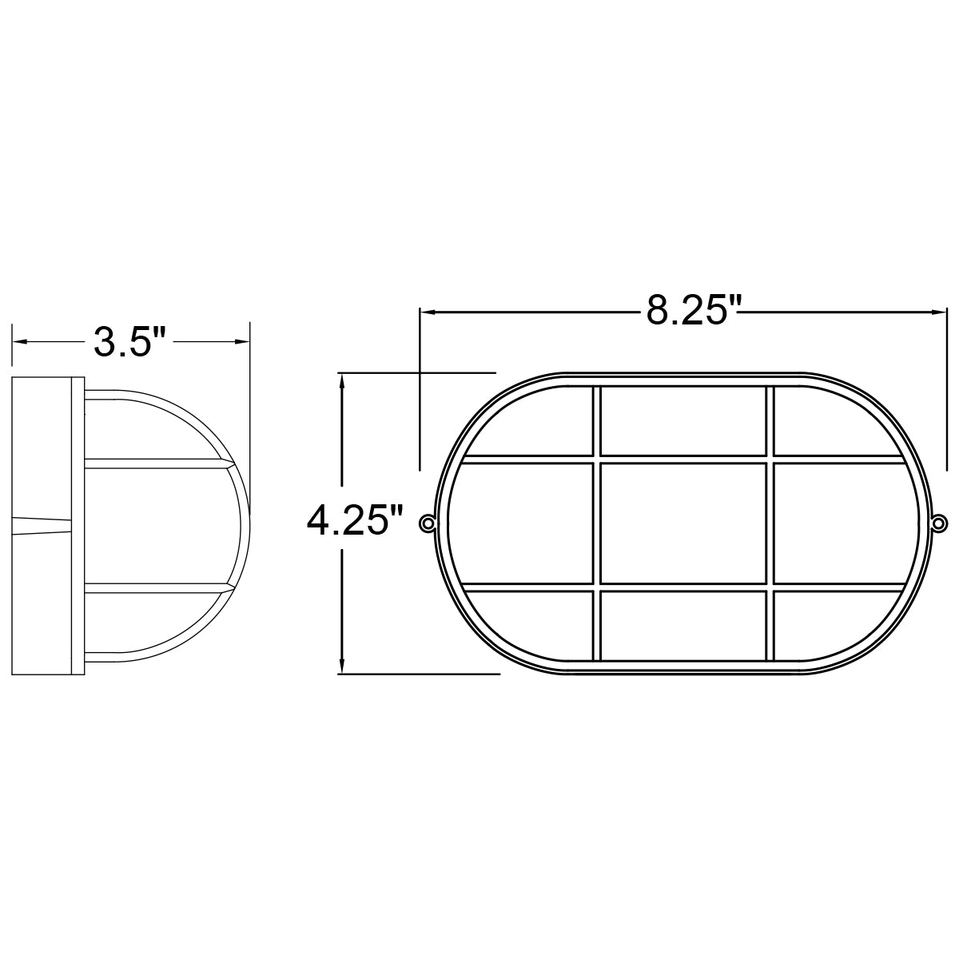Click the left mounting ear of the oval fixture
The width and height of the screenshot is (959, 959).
coord(428,523)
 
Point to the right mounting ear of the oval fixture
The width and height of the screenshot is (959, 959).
coord(940,523)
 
